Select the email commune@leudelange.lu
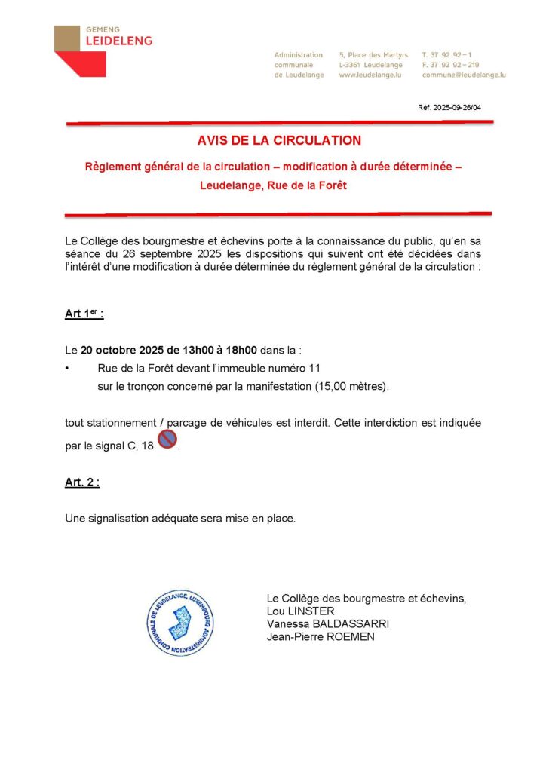(x=464, y=75)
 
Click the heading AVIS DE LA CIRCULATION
(x=279, y=140)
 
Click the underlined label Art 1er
(x=84, y=315)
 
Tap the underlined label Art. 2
(x=82, y=483)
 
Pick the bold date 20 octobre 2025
(x=118, y=351)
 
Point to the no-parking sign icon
(x=167, y=440)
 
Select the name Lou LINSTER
(x=300, y=611)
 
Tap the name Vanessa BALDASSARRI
(x=328, y=623)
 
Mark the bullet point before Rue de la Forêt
(x=68, y=369)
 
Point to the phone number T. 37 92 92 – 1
(x=447, y=55)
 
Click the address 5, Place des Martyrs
(x=373, y=55)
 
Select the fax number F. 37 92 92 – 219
(x=451, y=65)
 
